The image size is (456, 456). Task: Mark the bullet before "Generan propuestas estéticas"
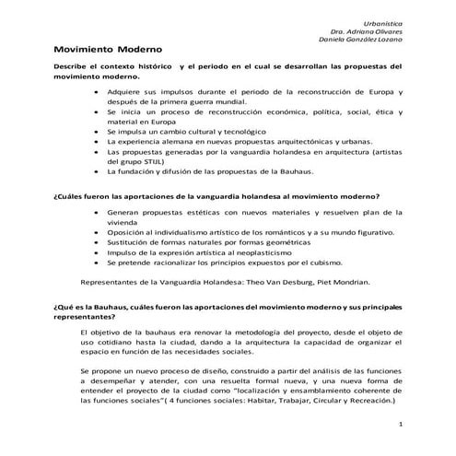pyautogui.click(x=97, y=213)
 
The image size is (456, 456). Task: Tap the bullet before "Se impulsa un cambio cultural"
pyautogui.click(x=97, y=133)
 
